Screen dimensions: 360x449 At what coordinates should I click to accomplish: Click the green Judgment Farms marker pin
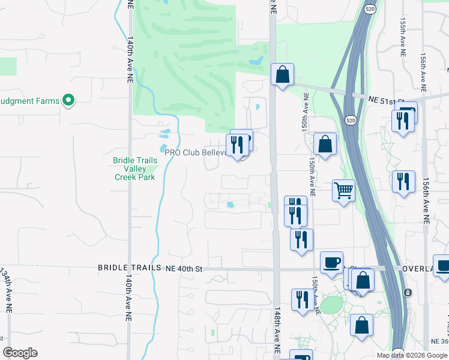point(68,100)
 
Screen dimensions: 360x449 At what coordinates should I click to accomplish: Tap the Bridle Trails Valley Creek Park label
point(135,169)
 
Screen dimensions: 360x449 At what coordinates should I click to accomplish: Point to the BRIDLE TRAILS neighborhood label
point(130,268)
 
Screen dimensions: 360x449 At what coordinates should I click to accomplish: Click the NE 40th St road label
point(184,269)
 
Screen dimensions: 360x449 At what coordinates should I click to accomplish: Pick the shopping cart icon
point(343,191)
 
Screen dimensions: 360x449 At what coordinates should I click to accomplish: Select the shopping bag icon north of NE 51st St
point(282,75)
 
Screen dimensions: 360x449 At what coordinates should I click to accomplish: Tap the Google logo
point(20,353)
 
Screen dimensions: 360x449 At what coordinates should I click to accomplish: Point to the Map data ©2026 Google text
point(411,355)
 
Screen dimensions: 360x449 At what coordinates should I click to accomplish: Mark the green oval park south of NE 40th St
point(331,305)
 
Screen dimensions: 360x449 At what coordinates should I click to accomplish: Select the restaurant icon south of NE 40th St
point(301,300)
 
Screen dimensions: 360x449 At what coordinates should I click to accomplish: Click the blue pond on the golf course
point(255,61)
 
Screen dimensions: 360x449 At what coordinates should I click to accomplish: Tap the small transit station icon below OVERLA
point(408,292)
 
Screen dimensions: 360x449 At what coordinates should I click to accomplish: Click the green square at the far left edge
point(8,66)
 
